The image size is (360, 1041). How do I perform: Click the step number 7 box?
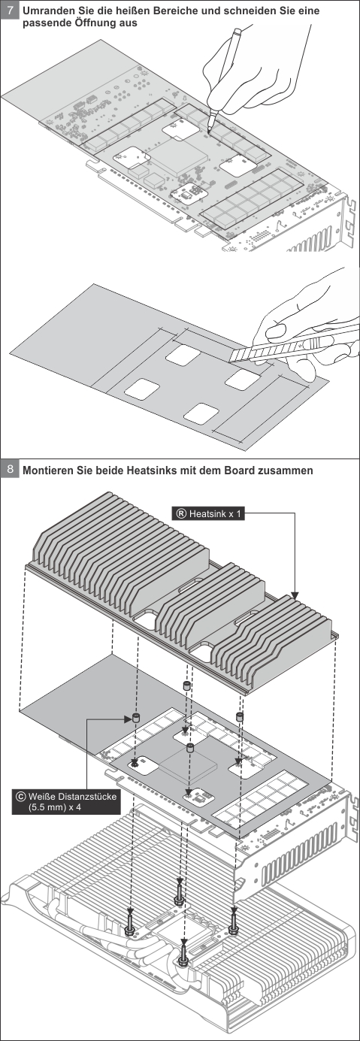(10, 10)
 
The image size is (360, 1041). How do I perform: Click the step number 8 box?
(10, 469)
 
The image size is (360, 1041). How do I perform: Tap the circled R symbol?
(180, 513)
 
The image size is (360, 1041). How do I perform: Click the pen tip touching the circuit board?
(209, 132)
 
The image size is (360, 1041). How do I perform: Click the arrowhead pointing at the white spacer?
(129, 719)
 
